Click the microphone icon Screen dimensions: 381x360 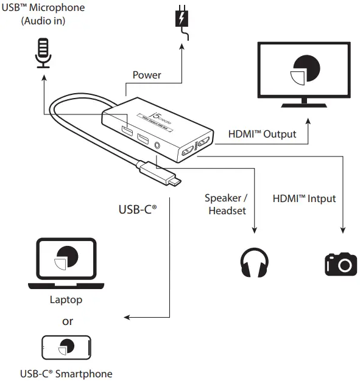[42, 54]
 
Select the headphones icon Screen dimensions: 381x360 [253, 262]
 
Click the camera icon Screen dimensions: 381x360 [341, 263]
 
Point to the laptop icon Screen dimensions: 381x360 [67, 263]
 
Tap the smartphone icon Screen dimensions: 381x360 [67, 348]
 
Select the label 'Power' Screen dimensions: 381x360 [147, 75]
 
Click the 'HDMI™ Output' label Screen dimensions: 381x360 [262, 134]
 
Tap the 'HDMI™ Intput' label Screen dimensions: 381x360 [304, 198]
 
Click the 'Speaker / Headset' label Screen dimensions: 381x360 [226, 204]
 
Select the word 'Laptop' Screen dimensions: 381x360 [66, 299]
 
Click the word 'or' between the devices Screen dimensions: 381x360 [67, 321]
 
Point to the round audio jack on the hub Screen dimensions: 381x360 [160, 145]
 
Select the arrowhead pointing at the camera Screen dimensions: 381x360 [342, 229]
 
